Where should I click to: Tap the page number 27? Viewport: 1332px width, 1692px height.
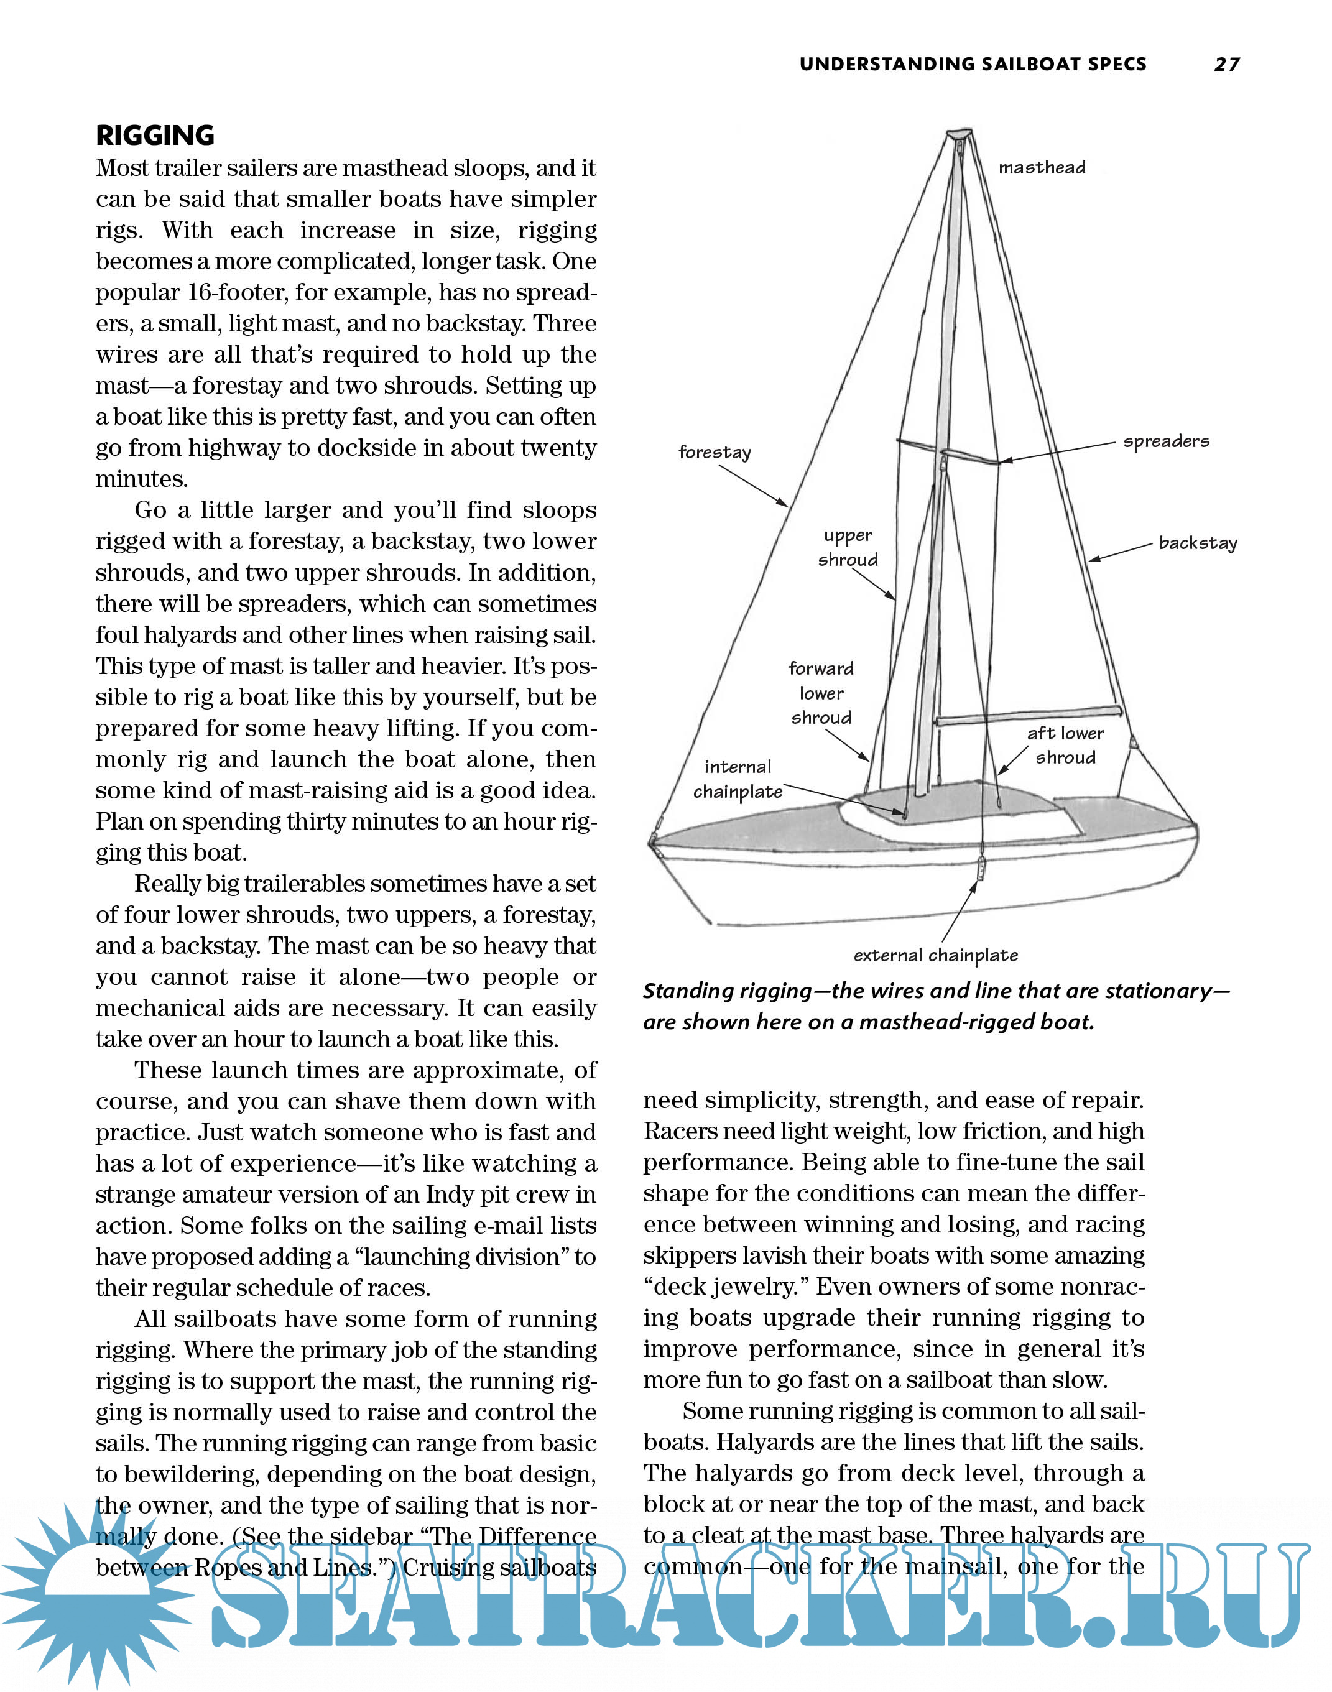(x=1227, y=65)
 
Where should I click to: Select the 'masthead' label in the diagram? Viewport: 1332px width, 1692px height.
(x=1042, y=168)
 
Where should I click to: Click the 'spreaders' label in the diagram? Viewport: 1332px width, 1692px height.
(x=1166, y=441)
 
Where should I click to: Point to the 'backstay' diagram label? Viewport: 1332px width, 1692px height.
(x=1198, y=543)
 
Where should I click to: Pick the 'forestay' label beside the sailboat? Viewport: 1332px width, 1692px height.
(x=715, y=452)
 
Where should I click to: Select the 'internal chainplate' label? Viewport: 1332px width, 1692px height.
(x=738, y=779)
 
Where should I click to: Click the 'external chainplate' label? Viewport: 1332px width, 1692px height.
(x=935, y=955)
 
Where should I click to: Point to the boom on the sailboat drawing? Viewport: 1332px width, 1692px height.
(x=1028, y=716)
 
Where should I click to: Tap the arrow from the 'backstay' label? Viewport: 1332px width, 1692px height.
(x=1120, y=552)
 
